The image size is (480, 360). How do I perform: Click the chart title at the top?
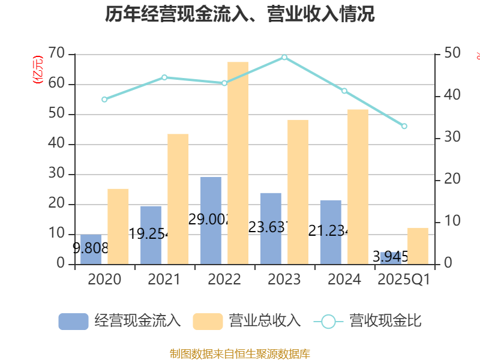pos(240,14)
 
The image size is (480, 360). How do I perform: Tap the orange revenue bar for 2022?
pos(238,163)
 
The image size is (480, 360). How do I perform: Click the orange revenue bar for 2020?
pos(118,226)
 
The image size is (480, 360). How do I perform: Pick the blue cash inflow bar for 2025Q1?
pos(390,258)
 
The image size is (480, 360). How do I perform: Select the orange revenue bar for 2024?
pos(358,187)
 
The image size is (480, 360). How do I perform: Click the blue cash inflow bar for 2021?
pos(151,235)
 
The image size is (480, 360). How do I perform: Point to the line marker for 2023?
pos(284,58)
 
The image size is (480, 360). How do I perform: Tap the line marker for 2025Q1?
pos(404,126)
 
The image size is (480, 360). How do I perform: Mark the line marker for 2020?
pos(104,100)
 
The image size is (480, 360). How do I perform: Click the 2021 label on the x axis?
pos(164,280)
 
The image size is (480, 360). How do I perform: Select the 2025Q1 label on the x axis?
pos(404,280)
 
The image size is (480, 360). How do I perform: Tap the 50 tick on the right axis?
pos(453,54)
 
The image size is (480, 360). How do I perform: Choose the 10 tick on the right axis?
pos(453,222)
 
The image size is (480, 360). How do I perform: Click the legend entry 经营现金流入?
pos(120,321)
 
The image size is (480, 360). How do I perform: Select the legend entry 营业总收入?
pos(247,321)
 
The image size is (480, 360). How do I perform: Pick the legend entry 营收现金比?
pos(368,321)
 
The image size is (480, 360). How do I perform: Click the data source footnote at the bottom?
pos(240,353)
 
